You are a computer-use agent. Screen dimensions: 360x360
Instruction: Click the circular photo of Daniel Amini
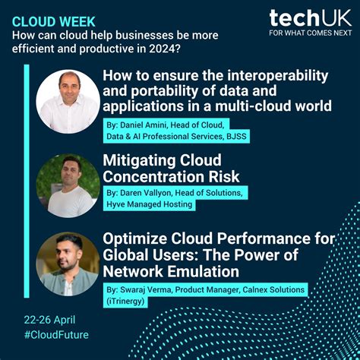[68, 101]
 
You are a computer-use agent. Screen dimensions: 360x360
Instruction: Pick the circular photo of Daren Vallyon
[68, 185]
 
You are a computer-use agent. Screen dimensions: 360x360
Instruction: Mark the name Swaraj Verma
[152, 289]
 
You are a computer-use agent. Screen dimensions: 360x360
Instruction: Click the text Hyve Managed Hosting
[150, 204]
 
